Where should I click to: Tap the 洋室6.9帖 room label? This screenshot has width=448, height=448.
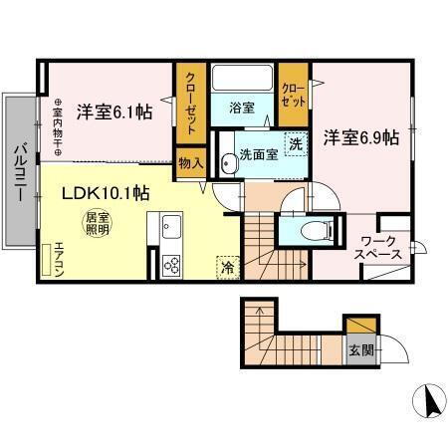coord(360,137)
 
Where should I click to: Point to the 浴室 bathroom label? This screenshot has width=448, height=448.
coord(243,107)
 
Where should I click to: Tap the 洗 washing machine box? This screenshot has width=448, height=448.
coord(296,143)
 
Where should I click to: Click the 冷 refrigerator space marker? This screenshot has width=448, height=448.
coord(226,266)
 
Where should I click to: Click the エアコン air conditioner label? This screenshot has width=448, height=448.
coord(59,258)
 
